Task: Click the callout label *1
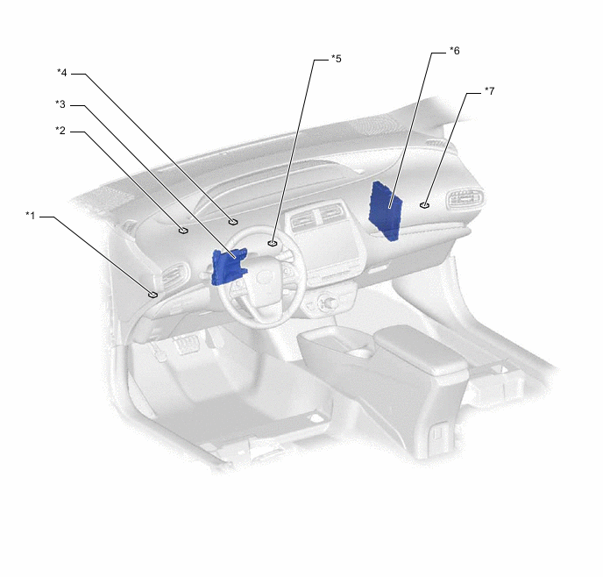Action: (31, 215)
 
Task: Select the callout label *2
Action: (60, 131)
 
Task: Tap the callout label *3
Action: (60, 104)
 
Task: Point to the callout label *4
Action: (62, 72)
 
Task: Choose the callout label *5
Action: (336, 59)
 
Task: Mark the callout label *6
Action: (454, 51)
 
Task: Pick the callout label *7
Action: (489, 90)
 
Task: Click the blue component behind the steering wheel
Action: (228, 266)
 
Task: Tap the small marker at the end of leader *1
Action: (153, 295)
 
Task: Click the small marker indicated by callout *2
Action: (182, 231)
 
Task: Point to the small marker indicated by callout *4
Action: (233, 223)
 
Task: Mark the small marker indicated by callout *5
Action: (273, 243)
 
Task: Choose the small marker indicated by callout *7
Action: (424, 205)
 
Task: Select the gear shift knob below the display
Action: (331, 303)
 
